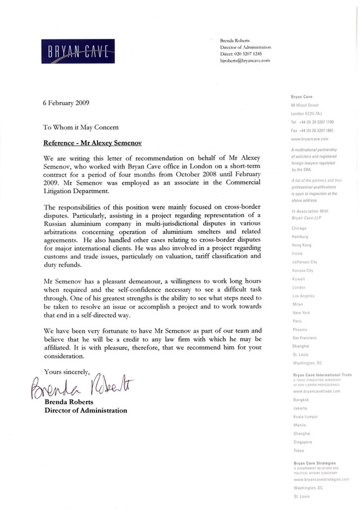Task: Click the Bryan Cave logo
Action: pos(78,51)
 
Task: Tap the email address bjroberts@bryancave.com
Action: pos(245,61)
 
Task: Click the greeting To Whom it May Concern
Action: pos(81,127)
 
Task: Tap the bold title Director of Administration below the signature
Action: pos(86,410)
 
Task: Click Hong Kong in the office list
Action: pos(302,245)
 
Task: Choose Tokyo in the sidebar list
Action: pos(298,450)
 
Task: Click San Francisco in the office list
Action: pos(305,338)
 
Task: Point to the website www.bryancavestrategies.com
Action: pos(321,479)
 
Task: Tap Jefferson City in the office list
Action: pos(305,262)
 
